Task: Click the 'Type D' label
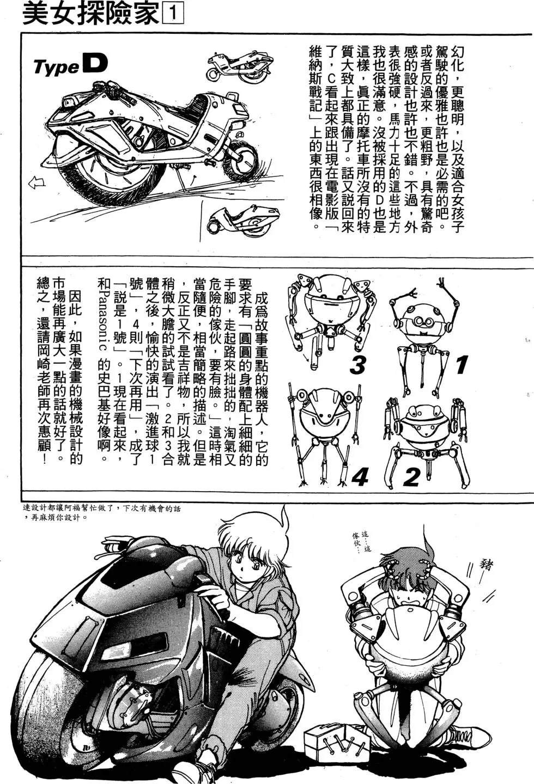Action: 70,65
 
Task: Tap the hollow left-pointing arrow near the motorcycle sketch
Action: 37,183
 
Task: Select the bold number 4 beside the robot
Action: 360,475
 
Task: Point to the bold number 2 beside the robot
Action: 411,475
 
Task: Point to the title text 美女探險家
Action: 91,14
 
